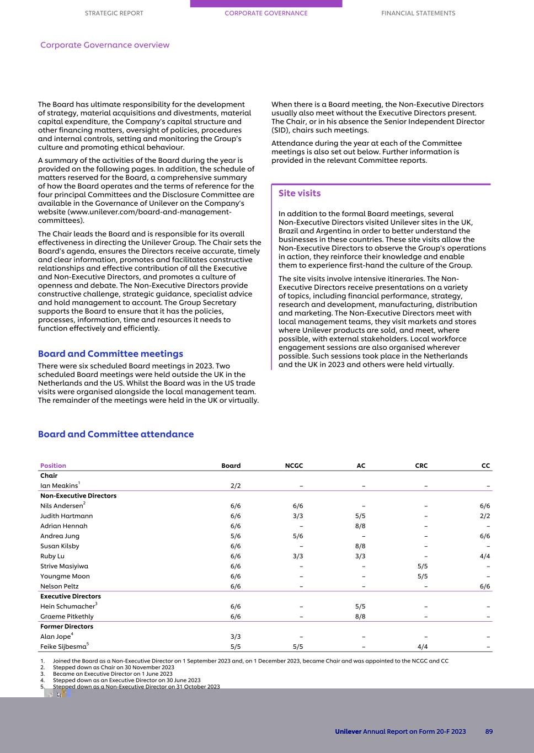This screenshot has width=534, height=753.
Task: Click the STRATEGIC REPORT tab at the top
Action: click(114, 13)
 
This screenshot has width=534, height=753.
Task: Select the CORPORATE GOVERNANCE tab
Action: click(266, 13)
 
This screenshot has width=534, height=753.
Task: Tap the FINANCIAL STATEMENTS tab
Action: click(418, 13)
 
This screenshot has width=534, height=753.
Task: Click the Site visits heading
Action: click(299, 193)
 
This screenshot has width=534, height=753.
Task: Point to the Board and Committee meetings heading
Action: click(110, 354)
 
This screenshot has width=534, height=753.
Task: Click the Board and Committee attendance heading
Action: click(116, 434)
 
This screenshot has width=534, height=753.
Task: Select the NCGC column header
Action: click(294, 466)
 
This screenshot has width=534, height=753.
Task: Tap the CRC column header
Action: click(421, 466)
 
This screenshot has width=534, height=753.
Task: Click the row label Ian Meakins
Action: click(59, 486)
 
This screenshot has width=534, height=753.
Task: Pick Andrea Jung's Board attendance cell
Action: click(236, 536)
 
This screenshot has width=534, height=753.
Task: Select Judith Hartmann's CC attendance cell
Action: click(484, 516)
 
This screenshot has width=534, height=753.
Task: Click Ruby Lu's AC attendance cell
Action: click(360, 556)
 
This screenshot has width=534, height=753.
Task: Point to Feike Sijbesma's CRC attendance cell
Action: click(422, 647)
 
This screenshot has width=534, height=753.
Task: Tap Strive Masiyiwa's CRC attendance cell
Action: click(422, 566)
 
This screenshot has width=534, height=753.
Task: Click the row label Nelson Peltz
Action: click(59, 586)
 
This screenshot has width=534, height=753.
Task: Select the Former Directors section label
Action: click(67, 627)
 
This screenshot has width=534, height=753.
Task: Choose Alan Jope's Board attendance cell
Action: click(236, 637)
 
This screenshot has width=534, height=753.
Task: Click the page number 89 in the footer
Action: click(489, 731)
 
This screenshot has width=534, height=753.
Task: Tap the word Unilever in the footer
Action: click(348, 731)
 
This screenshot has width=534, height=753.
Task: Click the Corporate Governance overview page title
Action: click(105, 45)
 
